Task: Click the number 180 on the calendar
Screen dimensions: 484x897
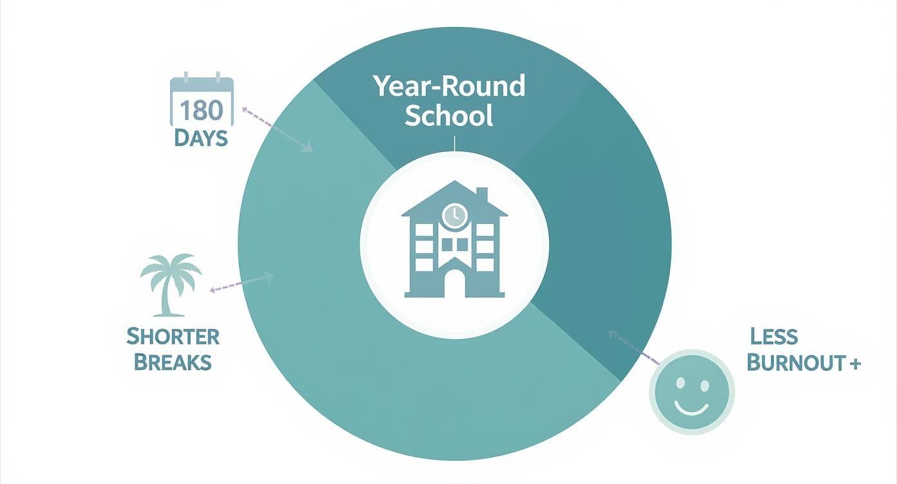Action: [201, 110]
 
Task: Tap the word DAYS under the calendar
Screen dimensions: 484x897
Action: [201, 138]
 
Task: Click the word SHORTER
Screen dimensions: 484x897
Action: [173, 336]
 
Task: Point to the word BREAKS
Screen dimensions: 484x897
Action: [173, 362]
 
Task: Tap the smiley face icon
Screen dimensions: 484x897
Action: [692, 392]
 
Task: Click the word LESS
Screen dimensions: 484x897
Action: [774, 336]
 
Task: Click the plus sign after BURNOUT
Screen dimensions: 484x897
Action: [854, 363]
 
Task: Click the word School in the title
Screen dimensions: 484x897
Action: [449, 115]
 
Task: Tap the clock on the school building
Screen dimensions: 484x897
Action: [454, 215]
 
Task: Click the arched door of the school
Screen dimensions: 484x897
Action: [454, 284]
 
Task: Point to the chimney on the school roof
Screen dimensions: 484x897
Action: [481, 194]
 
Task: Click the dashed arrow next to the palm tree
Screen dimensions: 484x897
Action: [241, 284]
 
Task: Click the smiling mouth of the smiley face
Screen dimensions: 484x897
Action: [692, 407]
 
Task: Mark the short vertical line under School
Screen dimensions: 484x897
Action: [454, 144]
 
